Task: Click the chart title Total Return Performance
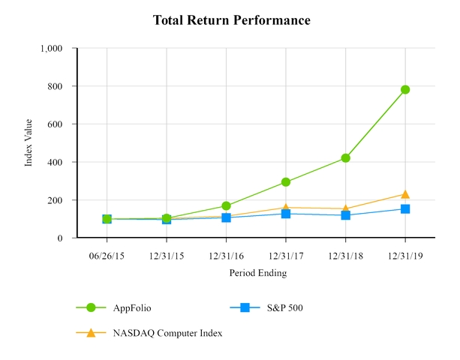click(231, 20)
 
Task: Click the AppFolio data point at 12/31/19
click(405, 89)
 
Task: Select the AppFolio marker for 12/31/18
click(345, 158)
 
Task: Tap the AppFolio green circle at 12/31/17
click(286, 182)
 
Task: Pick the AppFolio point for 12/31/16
click(226, 205)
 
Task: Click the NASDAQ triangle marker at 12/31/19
click(405, 194)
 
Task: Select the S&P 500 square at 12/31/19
click(405, 209)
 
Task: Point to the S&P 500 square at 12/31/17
click(286, 214)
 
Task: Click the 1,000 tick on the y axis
click(58, 48)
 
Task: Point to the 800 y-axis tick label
click(62, 86)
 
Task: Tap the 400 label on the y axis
click(62, 162)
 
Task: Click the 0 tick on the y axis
click(68, 238)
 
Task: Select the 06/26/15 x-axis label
click(107, 255)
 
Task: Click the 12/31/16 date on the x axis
click(226, 255)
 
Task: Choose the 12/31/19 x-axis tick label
click(405, 255)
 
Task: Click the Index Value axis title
click(29, 143)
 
